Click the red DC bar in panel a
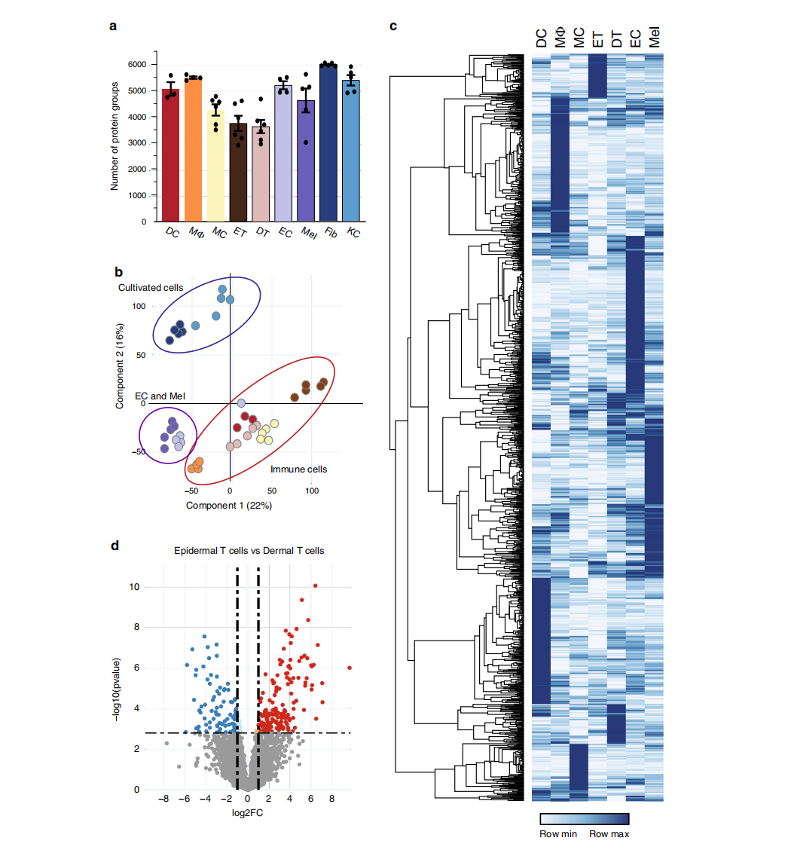(171, 158)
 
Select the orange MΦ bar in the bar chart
(194, 151)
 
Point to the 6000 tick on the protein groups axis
(136, 65)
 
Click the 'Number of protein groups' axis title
(115, 136)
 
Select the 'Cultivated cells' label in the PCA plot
(151, 288)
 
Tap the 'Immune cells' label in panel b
(299, 469)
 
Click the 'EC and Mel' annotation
(160, 395)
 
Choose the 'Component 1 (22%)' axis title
(229, 505)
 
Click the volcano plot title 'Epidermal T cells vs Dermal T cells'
(249, 551)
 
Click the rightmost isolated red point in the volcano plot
(350, 668)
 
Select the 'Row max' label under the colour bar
(609, 833)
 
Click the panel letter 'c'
(392, 26)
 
